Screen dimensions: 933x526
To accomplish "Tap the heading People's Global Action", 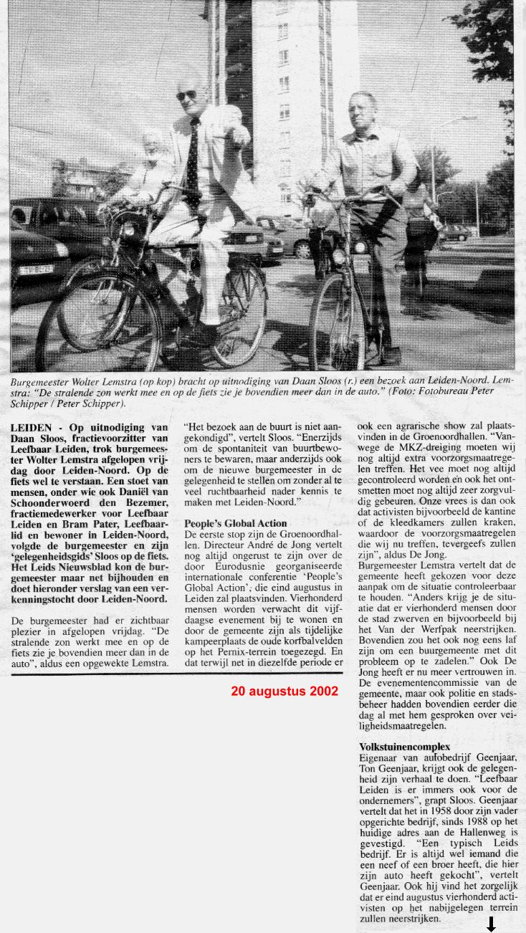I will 235,523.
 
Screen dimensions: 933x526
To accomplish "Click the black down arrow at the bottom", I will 491,925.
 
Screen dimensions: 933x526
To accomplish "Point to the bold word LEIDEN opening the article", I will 30,428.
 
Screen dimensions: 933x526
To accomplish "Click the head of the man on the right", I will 362,111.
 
